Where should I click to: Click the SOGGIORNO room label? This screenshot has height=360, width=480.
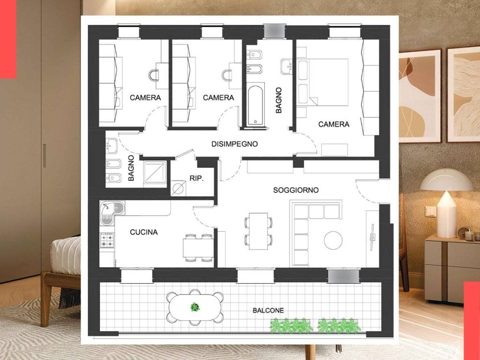pos(296,190)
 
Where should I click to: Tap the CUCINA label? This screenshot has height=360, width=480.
pos(144,232)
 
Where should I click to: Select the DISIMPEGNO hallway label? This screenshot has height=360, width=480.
pos(234,144)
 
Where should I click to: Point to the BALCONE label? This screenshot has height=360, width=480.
pos(268,310)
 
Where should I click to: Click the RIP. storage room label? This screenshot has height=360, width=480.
pos(196,178)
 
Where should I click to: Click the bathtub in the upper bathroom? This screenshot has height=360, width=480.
pos(255,105)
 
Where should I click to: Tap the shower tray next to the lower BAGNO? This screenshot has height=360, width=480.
pos(155,172)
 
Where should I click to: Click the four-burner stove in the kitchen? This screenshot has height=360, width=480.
pos(107,240)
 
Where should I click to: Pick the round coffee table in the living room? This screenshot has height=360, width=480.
pos(333,240)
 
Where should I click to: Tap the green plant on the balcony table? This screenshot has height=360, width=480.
pos(195,307)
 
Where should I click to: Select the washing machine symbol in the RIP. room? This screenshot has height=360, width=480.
pos(178,187)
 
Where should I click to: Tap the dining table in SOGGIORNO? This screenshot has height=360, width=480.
pos(258,231)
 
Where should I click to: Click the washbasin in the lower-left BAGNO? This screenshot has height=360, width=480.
pos(112,146)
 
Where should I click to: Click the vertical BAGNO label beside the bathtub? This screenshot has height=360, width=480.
pos(278,100)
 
